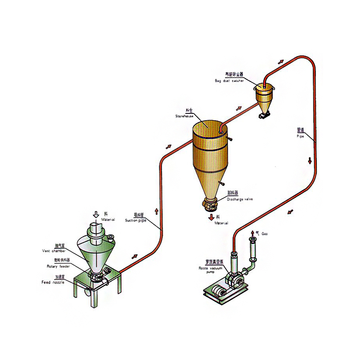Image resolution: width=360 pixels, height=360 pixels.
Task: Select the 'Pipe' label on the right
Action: (x=301, y=135)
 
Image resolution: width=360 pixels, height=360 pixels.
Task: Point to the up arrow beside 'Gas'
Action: (x=252, y=234)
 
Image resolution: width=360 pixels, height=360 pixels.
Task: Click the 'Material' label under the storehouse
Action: (x=221, y=223)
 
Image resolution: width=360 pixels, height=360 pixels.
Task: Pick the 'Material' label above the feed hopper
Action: (x=108, y=220)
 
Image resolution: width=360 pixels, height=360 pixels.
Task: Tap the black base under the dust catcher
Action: (x=263, y=116)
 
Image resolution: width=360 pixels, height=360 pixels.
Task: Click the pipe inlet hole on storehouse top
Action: (x=220, y=131)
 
